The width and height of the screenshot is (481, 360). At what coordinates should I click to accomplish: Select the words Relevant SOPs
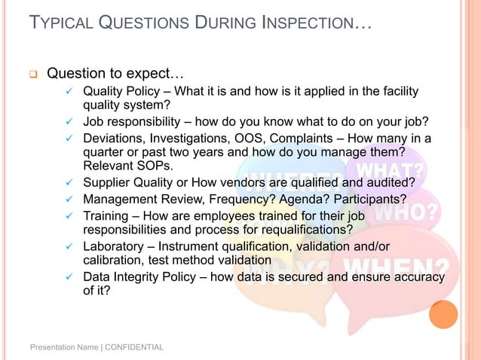coord(127,165)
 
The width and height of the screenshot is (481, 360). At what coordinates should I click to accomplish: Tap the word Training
coord(107,215)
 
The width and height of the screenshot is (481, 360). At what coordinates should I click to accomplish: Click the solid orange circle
coord(443,314)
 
